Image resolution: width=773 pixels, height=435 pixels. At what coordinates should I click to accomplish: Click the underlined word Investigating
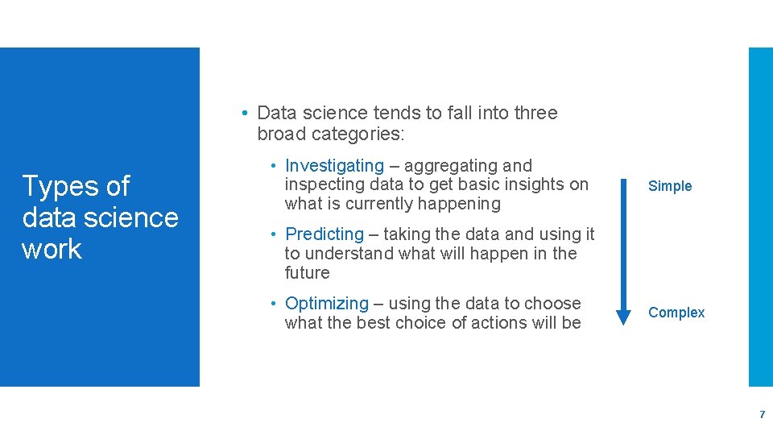coord(334,166)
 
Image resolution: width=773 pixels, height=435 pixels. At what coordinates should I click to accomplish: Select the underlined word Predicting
coord(324,234)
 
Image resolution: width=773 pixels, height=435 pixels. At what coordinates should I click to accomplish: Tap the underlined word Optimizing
coord(326,304)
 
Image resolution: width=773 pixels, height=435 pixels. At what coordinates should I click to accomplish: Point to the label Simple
coord(670,186)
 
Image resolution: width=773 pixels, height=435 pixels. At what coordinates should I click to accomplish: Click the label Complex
coord(676,313)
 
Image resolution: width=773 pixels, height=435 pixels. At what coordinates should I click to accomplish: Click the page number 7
coord(762,415)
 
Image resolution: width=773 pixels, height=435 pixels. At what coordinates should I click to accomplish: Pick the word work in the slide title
coord(52,249)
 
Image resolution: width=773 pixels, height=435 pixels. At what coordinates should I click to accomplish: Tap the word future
coord(307,273)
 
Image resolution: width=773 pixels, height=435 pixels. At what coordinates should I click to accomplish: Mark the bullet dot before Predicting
coord(275,234)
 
